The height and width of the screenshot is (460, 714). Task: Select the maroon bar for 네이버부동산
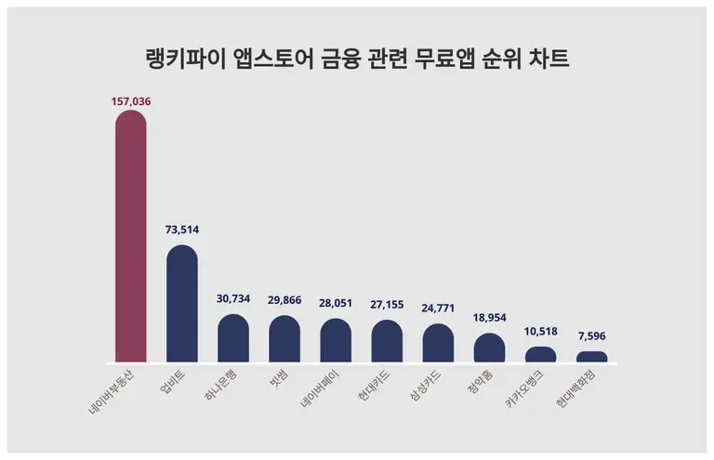[x=130, y=237]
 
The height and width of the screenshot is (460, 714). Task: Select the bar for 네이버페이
[x=336, y=340]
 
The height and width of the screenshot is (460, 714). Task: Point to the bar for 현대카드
[x=387, y=341]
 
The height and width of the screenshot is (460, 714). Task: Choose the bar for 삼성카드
[x=438, y=343]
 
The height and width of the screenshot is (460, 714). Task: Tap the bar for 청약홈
[x=489, y=348]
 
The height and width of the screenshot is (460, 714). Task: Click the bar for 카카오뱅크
[x=540, y=354]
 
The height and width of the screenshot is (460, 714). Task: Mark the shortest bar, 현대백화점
[x=592, y=357]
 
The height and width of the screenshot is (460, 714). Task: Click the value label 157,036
[x=130, y=100]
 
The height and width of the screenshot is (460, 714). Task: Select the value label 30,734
[x=233, y=297]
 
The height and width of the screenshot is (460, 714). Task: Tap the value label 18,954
[x=489, y=317]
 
